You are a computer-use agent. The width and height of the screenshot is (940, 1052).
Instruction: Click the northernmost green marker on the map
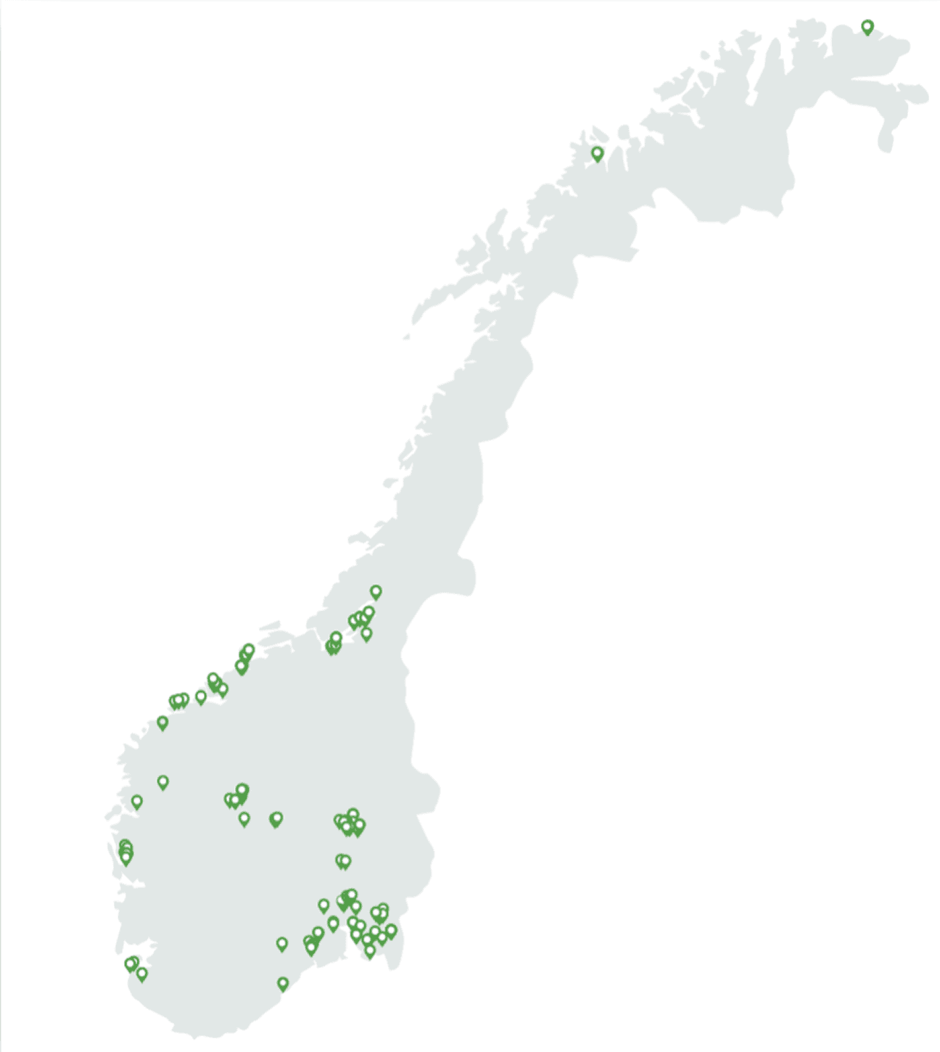pyautogui.click(x=867, y=28)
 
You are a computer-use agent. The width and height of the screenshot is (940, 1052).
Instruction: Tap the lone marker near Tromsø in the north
pyautogui.click(x=597, y=154)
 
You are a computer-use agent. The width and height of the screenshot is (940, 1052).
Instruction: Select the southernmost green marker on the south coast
pyautogui.click(x=283, y=984)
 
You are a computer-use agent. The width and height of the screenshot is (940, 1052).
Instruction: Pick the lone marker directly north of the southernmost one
pyautogui.click(x=282, y=944)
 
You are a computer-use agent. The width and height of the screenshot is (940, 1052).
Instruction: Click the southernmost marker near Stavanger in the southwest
pyautogui.click(x=142, y=974)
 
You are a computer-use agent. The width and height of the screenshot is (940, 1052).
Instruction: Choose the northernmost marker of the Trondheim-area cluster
pyautogui.click(x=376, y=592)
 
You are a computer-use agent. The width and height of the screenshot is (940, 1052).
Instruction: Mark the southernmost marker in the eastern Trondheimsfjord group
pyautogui.click(x=366, y=634)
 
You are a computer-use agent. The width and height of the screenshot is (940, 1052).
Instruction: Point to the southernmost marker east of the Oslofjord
pyautogui.click(x=370, y=951)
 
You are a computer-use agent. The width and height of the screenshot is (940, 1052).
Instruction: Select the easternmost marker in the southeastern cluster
pyautogui.click(x=392, y=931)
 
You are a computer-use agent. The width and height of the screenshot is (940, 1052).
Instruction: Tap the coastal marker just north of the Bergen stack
pyautogui.click(x=137, y=802)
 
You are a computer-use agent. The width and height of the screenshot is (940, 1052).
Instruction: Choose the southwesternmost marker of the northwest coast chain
pyautogui.click(x=162, y=723)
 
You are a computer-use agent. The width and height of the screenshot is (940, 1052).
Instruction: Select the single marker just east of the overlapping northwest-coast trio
pyautogui.click(x=201, y=698)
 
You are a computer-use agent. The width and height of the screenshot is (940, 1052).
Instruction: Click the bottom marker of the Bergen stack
pyautogui.click(x=126, y=858)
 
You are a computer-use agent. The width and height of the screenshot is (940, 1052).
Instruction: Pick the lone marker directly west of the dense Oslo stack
pyautogui.click(x=323, y=905)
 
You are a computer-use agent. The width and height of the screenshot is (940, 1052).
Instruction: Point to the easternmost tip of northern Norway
pyautogui.click(x=927, y=95)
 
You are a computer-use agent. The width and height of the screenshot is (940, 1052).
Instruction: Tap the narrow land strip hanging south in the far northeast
pyautogui.click(x=884, y=141)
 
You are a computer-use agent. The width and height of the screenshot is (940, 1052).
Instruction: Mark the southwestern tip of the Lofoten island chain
pyautogui.click(x=406, y=337)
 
